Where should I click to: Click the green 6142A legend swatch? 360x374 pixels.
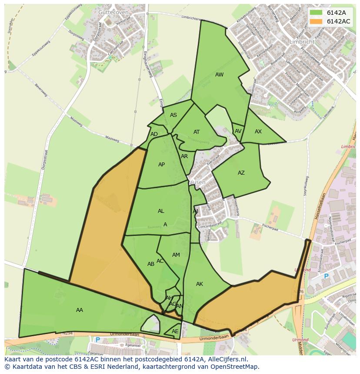point(316,13)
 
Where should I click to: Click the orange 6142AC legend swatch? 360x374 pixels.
point(316,21)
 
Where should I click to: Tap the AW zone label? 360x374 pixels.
point(219,75)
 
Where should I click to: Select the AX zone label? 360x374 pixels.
point(258,132)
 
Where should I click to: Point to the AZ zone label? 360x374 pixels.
point(241,173)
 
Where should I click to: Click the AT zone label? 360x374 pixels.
point(197,132)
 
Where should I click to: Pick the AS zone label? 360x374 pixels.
point(173,115)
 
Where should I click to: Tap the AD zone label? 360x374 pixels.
point(154,134)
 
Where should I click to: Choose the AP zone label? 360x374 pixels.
point(161,165)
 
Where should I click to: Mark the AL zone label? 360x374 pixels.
point(161,211)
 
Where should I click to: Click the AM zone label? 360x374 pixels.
point(176,255)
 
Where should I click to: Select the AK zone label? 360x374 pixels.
point(199,284)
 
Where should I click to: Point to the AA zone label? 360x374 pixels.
point(80,310)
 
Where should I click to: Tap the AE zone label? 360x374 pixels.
point(175,331)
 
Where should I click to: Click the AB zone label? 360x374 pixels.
point(151,264)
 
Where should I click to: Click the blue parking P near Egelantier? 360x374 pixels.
point(97,340)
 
